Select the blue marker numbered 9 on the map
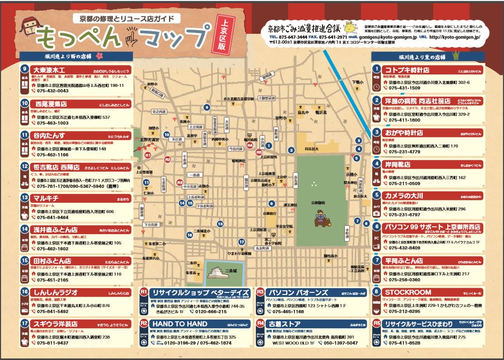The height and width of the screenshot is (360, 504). point(206,108)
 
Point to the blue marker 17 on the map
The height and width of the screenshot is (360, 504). point(241,242)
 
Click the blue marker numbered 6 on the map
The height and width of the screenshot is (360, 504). point(270,203)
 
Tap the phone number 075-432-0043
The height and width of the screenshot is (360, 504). point(52,91)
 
